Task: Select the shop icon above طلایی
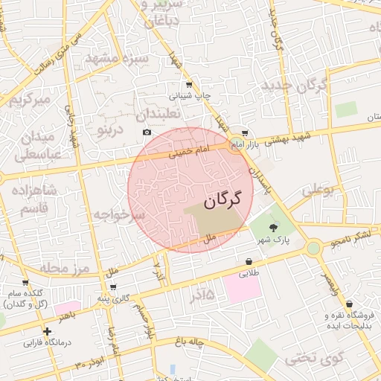(x=248, y=262)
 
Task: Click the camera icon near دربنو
(x=147, y=132)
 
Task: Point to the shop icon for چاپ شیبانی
(x=189, y=85)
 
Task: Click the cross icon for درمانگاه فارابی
(x=48, y=330)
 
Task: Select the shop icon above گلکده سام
(x=25, y=283)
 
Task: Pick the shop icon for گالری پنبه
(x=112, y=286)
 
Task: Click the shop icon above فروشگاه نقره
(x=349, y=303)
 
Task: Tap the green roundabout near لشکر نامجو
(x=313, y=247)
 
